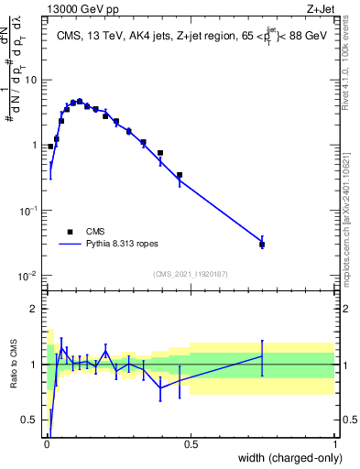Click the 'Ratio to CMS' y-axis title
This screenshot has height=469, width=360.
pyautogui.click(x=14, y=364)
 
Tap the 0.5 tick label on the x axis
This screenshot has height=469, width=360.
pyautogui.click(x=191, y=443)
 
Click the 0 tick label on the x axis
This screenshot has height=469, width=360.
pyautogui.click(x=47, y=443)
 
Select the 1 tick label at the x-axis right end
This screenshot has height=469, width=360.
pyautogui.click(x=334, y=443)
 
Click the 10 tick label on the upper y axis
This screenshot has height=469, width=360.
pyautogui.click(x=31, y=80)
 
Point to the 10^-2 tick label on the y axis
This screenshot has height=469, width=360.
pyautogui.click(x=28, y=277)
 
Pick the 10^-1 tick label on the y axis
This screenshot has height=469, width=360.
pyautogui.click(x=28, y=211)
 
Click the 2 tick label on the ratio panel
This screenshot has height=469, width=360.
pyautogui.click(x=35, y=309)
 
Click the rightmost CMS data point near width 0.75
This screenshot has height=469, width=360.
pyautogui.click(x=262, y=245)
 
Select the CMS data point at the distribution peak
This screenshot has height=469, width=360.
pyautogui.click(x=80, y=101)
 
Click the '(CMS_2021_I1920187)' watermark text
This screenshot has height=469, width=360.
pyautogui.click(x=191, y=274)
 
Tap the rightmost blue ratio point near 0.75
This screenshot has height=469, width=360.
pyautogui.click(x=262, y=355)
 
